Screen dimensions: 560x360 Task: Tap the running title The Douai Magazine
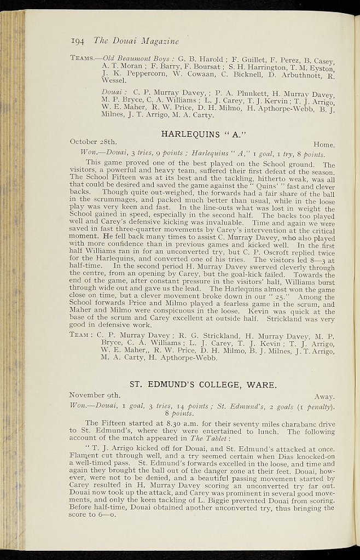[x=136, y=40]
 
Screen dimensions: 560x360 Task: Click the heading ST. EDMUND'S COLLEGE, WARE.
[x=203, y=384]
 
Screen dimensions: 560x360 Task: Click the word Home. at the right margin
[x=324, y=145]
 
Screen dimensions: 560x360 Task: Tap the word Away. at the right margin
[x=324, y=396]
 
